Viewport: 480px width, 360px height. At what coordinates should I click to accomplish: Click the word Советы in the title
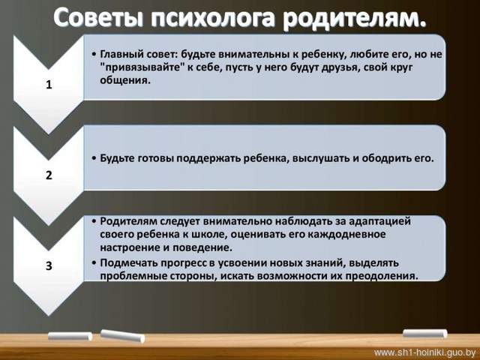(98, 18)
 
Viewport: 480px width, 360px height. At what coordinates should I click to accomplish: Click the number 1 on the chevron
(49, 85)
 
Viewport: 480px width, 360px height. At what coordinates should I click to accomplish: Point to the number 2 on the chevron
(49, 175)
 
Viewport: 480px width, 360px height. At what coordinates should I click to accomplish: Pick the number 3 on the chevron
(49, 265)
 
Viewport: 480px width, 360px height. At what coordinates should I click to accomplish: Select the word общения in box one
(124, 80)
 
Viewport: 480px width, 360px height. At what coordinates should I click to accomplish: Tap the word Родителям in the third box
(129, 221)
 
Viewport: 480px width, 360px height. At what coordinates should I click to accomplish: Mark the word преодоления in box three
(382, 276)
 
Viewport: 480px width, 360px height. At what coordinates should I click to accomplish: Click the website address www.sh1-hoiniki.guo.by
(425, 352)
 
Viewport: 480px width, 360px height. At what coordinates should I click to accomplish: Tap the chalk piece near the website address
(425, 334)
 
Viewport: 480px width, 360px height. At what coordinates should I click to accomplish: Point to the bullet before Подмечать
(94, 263)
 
